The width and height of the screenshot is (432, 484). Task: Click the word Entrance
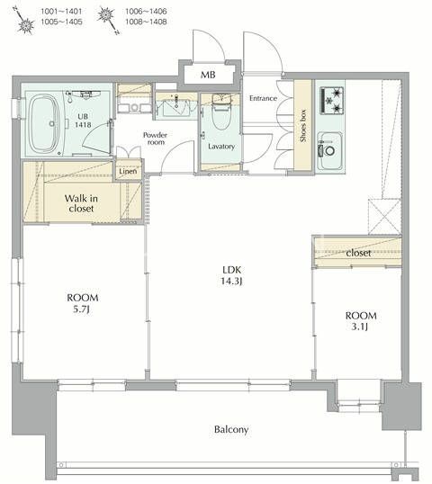[x=263, y=98]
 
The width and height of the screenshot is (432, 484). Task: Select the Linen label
[x=127, y=170]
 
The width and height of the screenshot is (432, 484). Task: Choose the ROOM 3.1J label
[x=360, y=321]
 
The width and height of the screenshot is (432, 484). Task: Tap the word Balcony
[x=231, y=429]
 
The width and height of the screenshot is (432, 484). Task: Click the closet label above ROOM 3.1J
[x=358, y=253]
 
